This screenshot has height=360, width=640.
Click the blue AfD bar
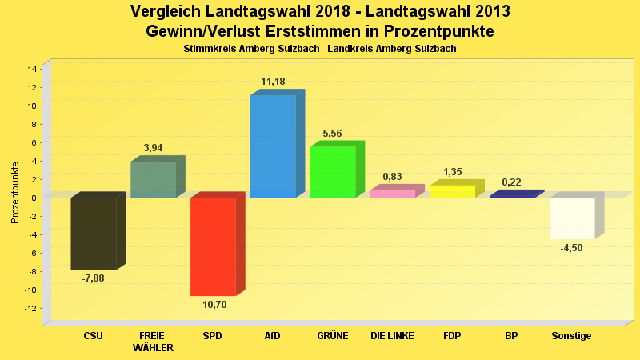(273, 146)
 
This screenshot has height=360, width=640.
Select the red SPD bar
(213, 246)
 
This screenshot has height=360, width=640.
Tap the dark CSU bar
(94, 234)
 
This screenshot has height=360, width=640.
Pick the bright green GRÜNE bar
(333, 172)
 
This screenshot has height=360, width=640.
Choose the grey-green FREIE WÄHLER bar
(153, 179)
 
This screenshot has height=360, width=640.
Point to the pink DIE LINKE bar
(392, 194)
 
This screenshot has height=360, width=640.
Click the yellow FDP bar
(452, 191)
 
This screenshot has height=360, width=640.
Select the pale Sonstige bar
(572, 218)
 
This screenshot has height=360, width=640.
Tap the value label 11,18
(273, 82)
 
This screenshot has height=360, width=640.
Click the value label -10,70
(213, 305)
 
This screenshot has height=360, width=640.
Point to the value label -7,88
(94, 278)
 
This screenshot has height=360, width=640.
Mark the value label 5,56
(333, 134)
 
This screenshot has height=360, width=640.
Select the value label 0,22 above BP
(512, 182)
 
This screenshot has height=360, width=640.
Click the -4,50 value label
(572, 248)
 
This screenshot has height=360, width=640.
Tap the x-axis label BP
(512, 336)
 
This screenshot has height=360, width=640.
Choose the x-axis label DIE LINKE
(392, 336)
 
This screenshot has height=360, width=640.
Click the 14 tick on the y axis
(33, 70)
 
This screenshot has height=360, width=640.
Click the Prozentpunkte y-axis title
(15, 192)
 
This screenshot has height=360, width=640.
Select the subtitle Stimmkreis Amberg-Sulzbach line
(320, 50)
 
